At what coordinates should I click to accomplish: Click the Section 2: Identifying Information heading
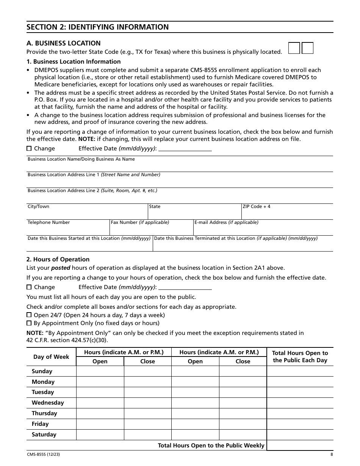[x=97, y=27]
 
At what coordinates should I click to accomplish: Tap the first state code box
[x=294, y=48]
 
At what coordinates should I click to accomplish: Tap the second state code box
[x=308, y=48]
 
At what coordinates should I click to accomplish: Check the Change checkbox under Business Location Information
[x=29, y=149]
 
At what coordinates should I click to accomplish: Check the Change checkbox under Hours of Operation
[x=29, y=287]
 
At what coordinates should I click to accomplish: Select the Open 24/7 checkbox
[x=29, y=315]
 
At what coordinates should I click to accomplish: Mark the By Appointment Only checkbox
[x=29, y=323]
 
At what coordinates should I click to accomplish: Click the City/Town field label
[x=38, y=206]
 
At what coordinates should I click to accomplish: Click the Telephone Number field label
[x=49, y=222]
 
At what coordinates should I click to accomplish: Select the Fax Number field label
[x=140, y=222]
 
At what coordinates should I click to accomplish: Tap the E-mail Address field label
[x=226, y=222]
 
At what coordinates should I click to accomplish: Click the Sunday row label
[x=42, y=371]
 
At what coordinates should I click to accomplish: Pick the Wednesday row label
[x=48, y=403]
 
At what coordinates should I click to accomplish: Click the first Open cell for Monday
[x=100, y=382]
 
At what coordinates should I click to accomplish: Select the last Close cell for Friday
[x=243, y=424]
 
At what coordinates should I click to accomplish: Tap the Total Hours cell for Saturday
[x=300, y=435]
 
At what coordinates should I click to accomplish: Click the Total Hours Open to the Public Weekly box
[x=300, y=445]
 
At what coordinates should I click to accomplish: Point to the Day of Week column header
[x=51, y=357]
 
